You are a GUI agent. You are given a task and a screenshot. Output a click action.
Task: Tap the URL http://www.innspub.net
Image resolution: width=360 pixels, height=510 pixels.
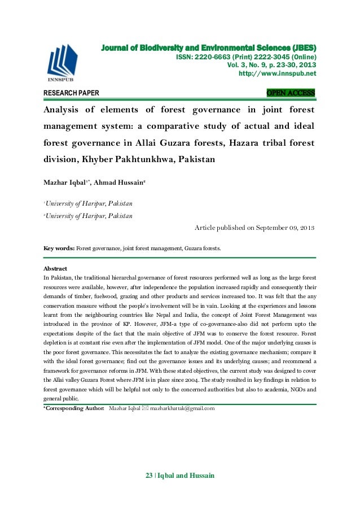(278, 73)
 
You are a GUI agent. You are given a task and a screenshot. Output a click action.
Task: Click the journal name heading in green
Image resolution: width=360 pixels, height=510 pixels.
(209, 47)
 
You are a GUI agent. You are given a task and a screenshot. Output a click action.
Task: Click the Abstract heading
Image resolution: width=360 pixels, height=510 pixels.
(55, 268)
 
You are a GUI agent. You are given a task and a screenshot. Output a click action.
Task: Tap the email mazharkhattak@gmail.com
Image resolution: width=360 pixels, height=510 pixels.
(182, 408)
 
